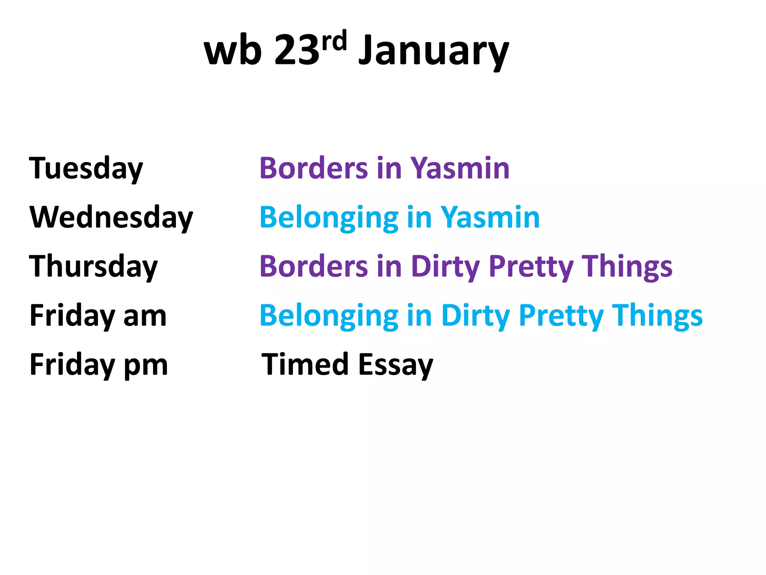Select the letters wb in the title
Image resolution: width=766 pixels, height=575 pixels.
[x=233, y=51]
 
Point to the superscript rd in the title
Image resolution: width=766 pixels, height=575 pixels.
[x=334, y=40]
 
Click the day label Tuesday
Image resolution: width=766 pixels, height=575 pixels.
[x=86, y=168]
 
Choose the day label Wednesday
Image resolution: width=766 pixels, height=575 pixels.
[x=111, y=217]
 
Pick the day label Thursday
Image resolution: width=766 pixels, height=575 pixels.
[x=94, y=267]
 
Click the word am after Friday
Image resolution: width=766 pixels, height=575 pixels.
[x=145, y=316]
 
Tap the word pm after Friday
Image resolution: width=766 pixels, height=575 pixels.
[x=145, y=365]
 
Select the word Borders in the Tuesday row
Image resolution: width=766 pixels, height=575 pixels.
[x=314, y=168]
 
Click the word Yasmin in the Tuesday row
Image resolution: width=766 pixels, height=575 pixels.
[x=460, y=168]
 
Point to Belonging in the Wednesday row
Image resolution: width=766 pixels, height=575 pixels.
[x=329, y=218]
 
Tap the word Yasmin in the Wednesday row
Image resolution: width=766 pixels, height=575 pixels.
[x=490, y=217]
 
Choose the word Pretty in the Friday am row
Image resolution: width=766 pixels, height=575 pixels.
[x=561, y=316]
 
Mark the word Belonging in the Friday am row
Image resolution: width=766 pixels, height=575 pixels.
[x=329, y=317]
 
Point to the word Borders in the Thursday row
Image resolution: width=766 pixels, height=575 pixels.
[x=314, y=267]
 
